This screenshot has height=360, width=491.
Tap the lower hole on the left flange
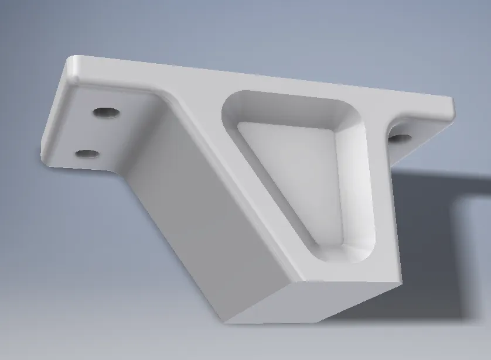click(x=87, y=153)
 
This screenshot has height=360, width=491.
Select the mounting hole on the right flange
click(x=400, y=138)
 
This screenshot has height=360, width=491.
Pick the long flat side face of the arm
click(x=193, y=222)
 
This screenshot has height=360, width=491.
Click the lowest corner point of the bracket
click(x=226, y=323)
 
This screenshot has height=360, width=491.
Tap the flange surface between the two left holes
click(x=94, y=133)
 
